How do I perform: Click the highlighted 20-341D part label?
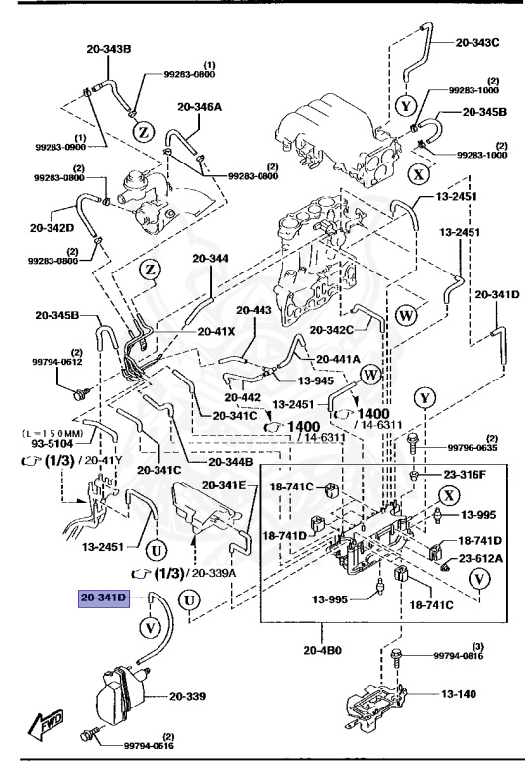click(105, 598)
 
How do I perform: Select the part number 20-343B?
click(109, 49)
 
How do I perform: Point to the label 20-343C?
click(477, 42)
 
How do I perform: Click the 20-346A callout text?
click(200, 107)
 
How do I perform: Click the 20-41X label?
click(216, 332)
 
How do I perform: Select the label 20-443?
click(255, 310)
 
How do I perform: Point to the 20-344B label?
click(230, 462)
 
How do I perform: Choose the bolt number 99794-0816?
click(460, 656)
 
